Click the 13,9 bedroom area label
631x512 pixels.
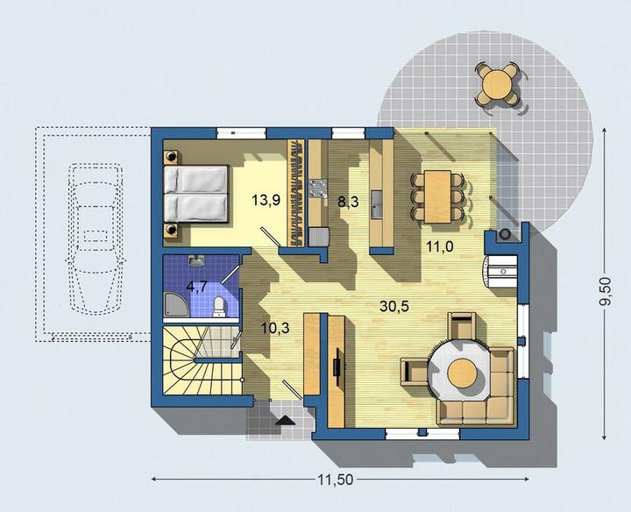(266, 200)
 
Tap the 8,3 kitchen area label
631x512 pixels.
(348, 202)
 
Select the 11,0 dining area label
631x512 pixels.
(440, 246)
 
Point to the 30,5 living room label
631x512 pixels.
(394, 306)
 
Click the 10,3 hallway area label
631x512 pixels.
(275, 328)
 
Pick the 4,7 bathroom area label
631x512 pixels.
(197, 287)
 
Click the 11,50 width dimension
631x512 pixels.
(335, 480)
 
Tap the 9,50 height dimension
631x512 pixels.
(606, 291)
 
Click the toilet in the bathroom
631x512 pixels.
(219, 307)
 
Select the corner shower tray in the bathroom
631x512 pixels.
(175, 304)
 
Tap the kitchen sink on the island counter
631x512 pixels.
(378, 205)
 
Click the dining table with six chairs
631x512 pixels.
(437, 196)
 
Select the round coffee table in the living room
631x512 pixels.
(463, 373)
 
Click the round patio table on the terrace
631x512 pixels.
(498, 85)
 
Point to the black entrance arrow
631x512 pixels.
(286, 420)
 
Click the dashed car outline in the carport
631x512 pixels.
(95, 238)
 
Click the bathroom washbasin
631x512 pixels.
(196, 261)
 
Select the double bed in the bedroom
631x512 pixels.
(196, 194)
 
